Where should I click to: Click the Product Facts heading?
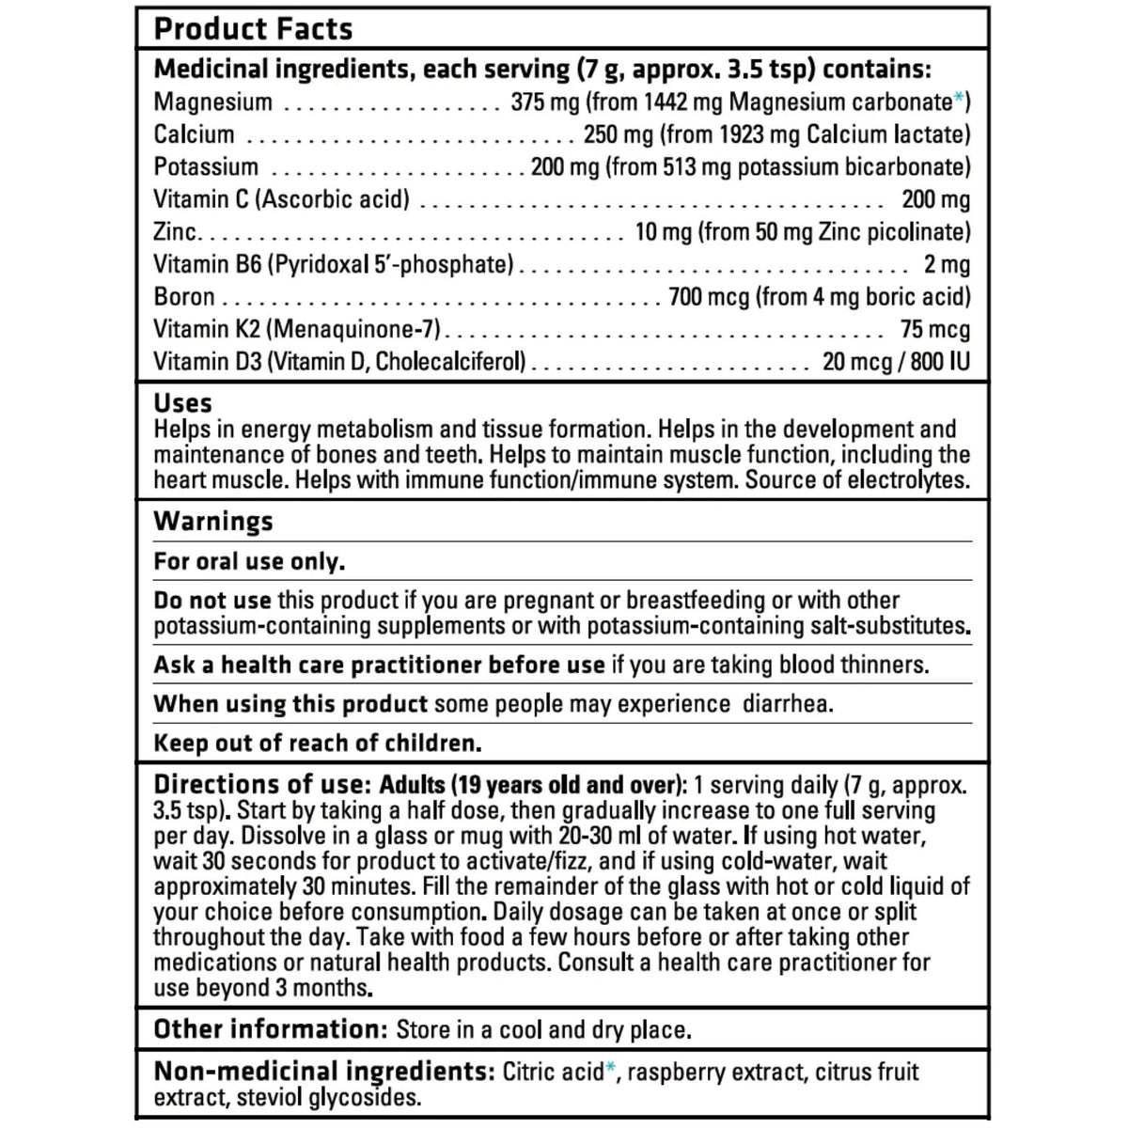point(253,29)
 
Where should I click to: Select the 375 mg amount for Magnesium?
point(536,102)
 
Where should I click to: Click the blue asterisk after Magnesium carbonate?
point(959,98)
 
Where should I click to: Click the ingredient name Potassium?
point(206,167)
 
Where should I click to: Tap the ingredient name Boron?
point(184,297)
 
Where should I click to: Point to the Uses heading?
point(183,403)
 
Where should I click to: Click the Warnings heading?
point(213,522)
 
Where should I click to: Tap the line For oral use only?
point(249,562)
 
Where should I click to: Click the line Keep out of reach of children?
point(318,744)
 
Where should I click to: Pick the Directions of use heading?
point(258,785)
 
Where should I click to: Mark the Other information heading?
point(271,1029)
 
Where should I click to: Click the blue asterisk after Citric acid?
point(611,1068)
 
